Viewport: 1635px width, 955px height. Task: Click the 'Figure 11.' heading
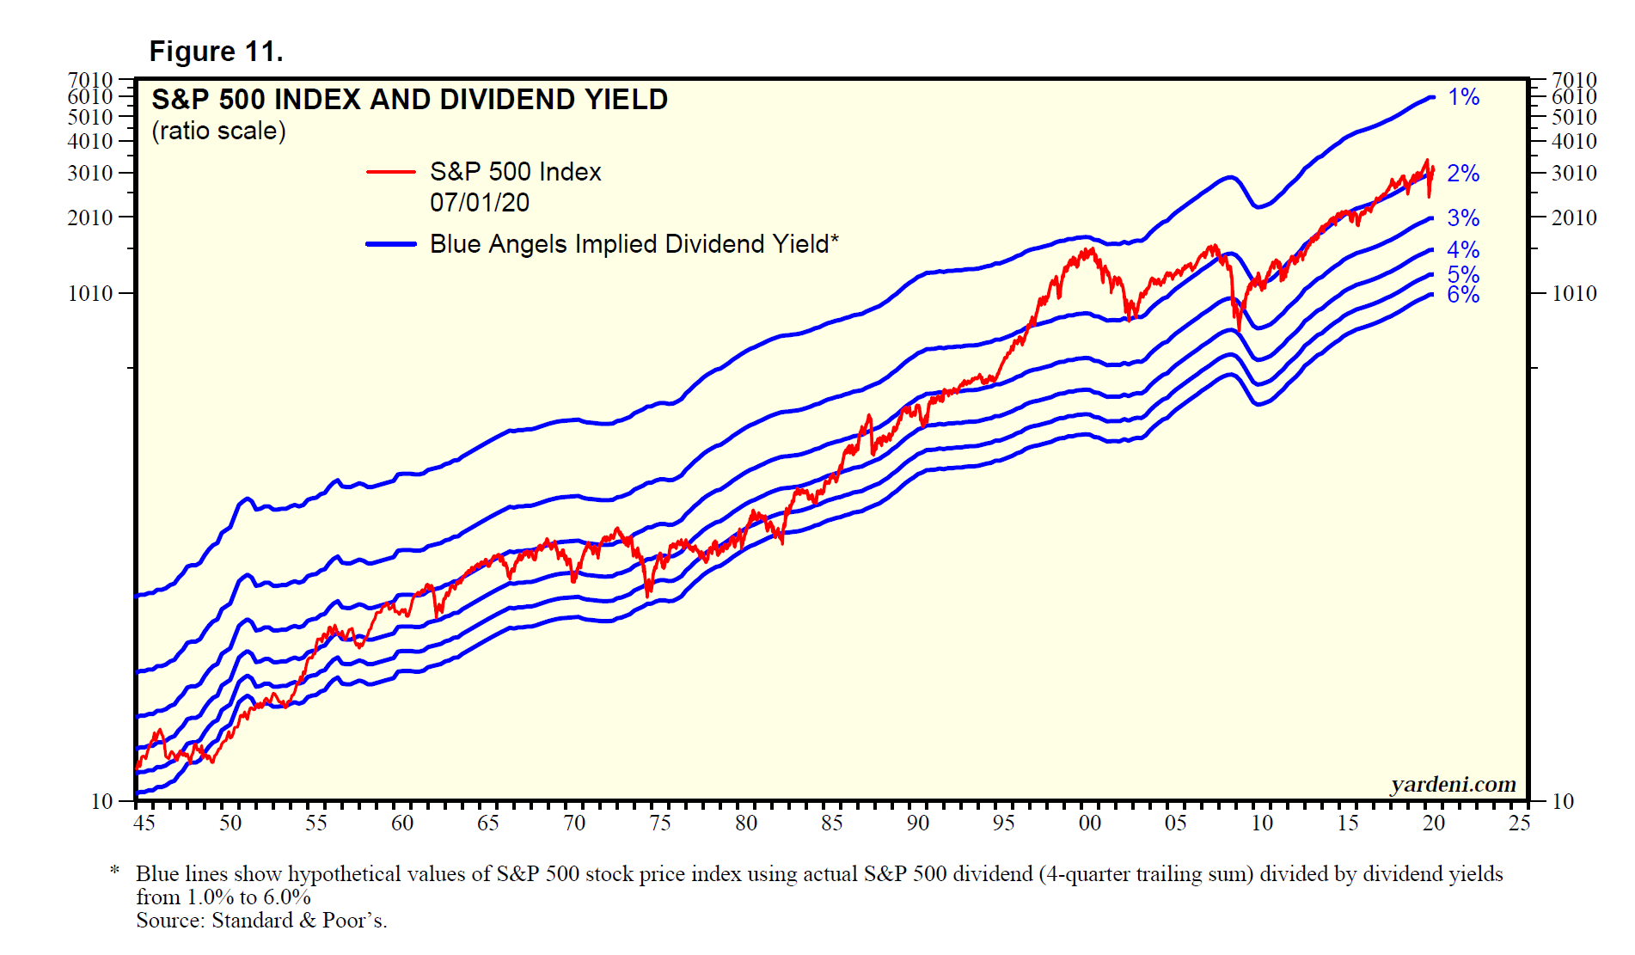click(216, 52)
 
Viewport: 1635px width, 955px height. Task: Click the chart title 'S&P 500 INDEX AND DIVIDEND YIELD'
click(409, 100)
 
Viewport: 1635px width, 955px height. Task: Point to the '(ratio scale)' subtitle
click(218, 131)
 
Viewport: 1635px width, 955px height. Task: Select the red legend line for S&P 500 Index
click(391, 172)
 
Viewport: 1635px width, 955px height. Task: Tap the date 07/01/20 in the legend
click(480, 203)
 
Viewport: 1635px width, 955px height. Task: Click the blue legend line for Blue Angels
click(391, 244)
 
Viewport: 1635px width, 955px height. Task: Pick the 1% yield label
click(1463, 97)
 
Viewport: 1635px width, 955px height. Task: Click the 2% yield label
click(1463, 174)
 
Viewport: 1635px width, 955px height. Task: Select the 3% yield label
click(1463, 218)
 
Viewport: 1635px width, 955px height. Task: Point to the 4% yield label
click(1463, 250)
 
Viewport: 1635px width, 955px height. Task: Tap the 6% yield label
click(1463, 296)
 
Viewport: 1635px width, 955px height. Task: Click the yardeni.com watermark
click(1453, 784)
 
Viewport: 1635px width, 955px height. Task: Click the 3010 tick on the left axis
click(90, 173)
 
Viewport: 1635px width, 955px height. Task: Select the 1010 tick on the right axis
click(1574, 293)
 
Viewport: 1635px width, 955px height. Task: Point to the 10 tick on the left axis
click(102, 801)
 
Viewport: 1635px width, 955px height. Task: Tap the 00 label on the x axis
click(1090, 823)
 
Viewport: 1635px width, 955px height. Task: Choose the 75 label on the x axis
click(660, 823)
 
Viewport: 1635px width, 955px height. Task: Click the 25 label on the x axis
click(1520, 823)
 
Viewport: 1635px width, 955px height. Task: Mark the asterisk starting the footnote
click(114, 872)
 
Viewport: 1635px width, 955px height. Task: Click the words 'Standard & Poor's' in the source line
click(299, 921)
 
